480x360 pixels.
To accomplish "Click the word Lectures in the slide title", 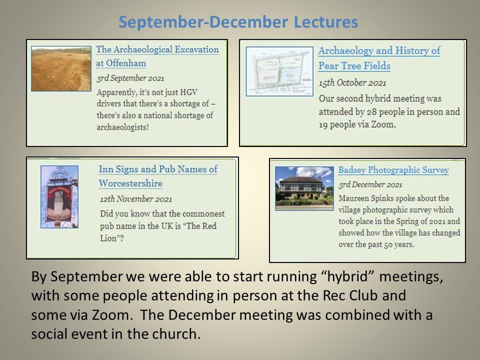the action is [326, 22].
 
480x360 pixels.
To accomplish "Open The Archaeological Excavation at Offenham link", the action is [157, 56].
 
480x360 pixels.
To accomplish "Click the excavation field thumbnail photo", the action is [61, 68].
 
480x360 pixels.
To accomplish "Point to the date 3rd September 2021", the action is [130, 78].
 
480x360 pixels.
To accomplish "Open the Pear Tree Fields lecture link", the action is [379, 58].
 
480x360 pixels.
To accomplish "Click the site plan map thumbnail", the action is [279, 71].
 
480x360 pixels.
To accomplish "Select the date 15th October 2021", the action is [352, 82].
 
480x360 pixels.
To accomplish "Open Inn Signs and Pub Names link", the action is [158, 176].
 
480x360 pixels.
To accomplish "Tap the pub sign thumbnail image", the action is [59, 197].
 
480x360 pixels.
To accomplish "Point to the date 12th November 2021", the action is [136, 199].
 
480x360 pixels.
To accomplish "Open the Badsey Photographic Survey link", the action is [393, 170].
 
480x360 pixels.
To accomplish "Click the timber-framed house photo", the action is [304, 188].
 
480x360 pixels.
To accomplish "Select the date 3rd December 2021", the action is [370, 184].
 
